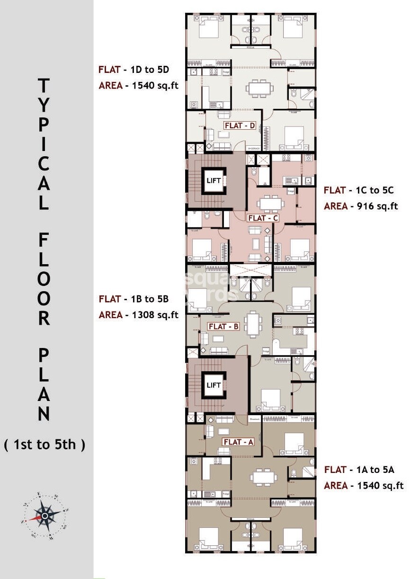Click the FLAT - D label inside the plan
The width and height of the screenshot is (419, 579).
pyautogui.click(x=240, y=125)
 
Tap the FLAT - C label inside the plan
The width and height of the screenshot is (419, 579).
pyautogui.click(x=263, y=218)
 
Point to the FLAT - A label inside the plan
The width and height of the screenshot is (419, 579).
pyautogui.click(x=239, y=442)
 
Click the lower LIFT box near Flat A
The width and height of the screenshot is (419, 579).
pyautogui.click(x=214, y=385)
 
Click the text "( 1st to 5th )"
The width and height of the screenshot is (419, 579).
pyautogui.click(x=45, y=445)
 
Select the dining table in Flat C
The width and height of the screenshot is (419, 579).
pyautogui.click(x=270, y=203)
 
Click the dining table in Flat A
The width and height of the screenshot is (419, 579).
pyautogui.click(x=264, y=477)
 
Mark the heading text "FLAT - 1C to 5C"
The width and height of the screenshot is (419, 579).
pyautogui.click(x=358, y=190)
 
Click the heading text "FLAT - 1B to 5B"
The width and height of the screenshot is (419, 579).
pyautogui.click(x=134, y=299)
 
